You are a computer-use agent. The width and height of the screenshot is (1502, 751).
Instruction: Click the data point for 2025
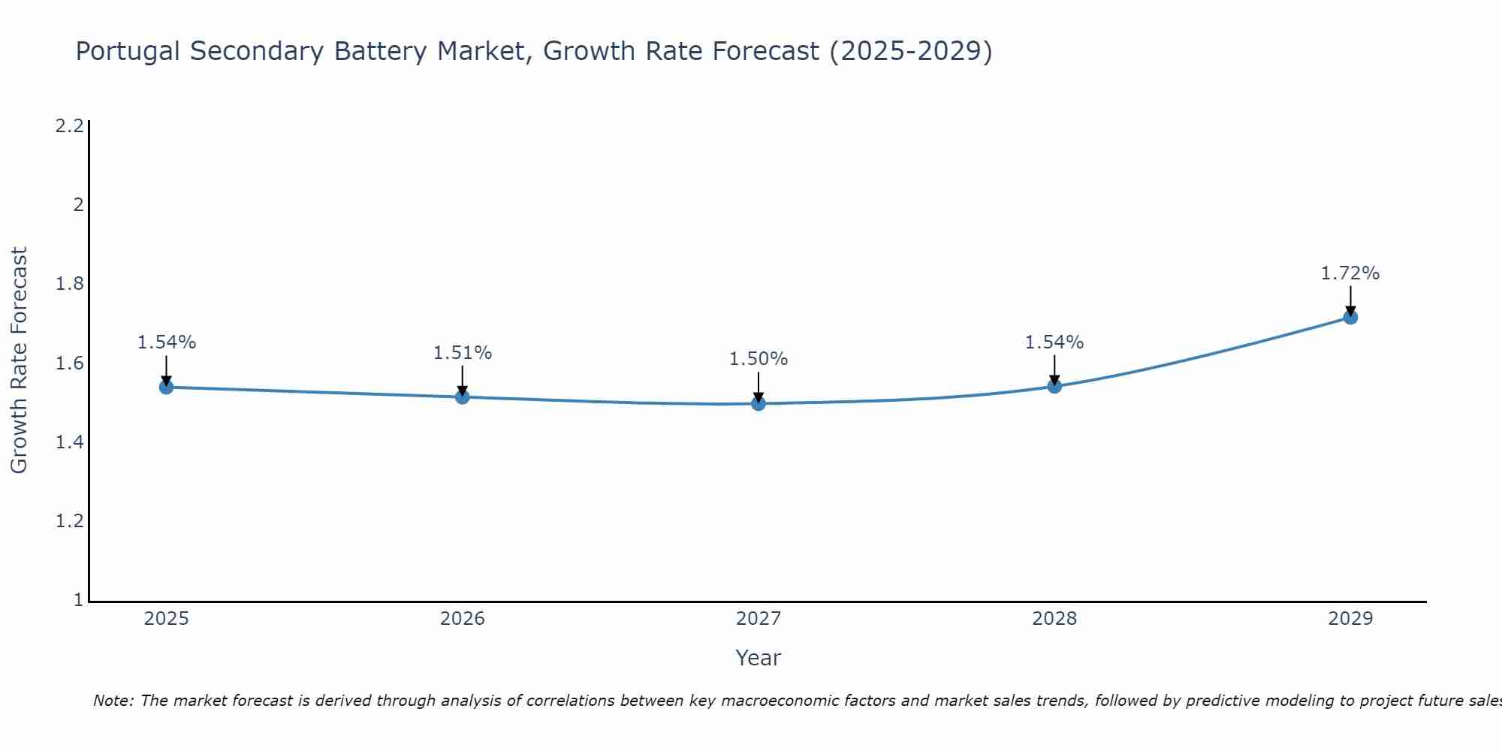point(167,387)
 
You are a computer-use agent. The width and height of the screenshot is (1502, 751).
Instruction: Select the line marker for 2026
point(463,397)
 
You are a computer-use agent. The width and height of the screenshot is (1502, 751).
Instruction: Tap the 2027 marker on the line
point(759,403)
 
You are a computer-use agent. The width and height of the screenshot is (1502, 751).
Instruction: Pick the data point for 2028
point(1054,386)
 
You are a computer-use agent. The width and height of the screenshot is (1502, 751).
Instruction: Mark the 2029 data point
point(1350,317)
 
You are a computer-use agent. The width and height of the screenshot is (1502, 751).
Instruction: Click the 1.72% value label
point(1350,273)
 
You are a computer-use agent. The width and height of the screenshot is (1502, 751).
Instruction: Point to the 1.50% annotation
point(759,359)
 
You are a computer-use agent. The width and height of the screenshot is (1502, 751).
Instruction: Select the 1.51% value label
point(463,352)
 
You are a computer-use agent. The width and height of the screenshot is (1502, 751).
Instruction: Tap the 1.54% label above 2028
point(1054,342)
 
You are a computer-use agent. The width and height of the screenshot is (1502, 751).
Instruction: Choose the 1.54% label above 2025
point(167,342)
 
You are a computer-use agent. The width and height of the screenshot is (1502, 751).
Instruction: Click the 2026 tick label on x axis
point(463,619)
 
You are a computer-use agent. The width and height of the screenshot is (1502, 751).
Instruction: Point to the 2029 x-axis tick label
point(1350,619)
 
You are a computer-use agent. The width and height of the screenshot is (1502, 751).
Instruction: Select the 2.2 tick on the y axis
point(69,125)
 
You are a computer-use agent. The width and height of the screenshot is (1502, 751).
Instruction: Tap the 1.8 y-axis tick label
point(69,284)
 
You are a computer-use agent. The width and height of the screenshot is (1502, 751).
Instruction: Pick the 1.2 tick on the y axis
point(69,521)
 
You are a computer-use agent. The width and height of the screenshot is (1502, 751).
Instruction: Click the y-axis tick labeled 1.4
point(69,442)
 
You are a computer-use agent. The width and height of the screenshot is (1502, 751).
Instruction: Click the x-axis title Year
point(759,658)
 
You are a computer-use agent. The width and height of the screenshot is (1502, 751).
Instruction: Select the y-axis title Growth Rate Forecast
point(20,360)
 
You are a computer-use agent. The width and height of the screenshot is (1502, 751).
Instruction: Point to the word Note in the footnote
point(113,701)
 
